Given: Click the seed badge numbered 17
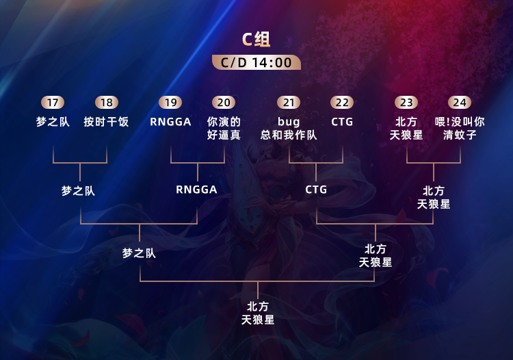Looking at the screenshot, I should pos(53,103).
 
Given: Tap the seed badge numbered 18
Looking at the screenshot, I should pos(107,103).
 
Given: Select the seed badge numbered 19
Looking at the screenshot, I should pos(170,103).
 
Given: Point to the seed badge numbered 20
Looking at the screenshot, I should pos(224,103).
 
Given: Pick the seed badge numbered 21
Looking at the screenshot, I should pos(289,103).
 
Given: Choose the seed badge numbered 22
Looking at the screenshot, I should pos(342,103).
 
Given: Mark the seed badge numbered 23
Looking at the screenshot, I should pos(406,103).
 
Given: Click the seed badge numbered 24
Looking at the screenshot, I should pos(460,103).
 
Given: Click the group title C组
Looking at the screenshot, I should pos(256,39).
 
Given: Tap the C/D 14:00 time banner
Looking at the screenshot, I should pos(256,62).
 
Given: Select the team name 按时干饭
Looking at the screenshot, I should pos(107,122).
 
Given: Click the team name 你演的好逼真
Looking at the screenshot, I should pos(224,128).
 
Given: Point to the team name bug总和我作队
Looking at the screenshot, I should pos(289,128).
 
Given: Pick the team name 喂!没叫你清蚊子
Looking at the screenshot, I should pos(460,128).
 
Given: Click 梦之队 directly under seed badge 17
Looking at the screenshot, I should pos(53,122).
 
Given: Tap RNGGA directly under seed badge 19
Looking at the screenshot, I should pos(170,122).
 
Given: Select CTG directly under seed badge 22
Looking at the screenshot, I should pos(342,122).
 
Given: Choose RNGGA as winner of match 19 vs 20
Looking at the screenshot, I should pos(196,190).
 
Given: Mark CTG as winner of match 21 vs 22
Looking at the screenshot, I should pos(316,190).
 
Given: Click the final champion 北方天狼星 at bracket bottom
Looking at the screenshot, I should pos(258,313).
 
